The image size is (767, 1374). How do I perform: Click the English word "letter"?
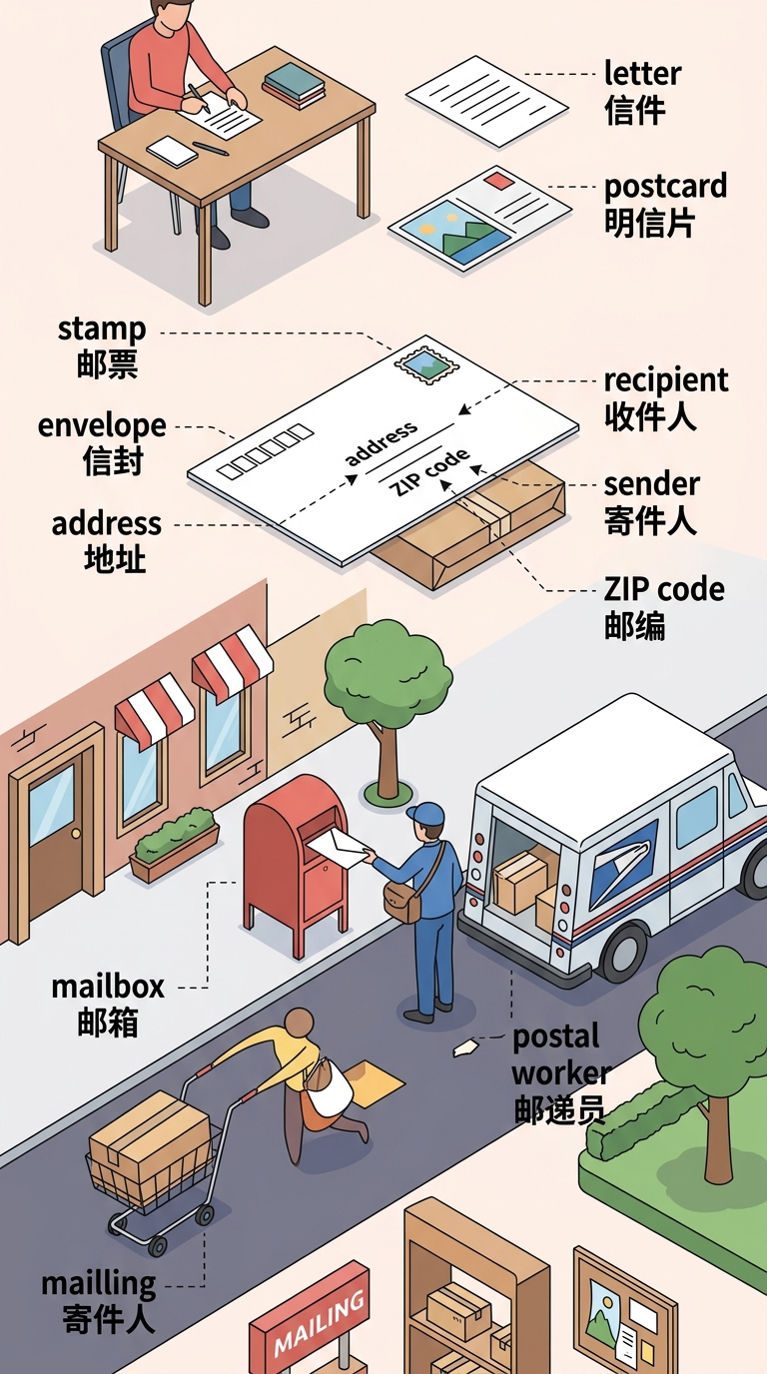pos(642,74)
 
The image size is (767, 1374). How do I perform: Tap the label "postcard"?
pos(665,187)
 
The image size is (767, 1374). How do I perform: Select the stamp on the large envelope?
pos(427,364)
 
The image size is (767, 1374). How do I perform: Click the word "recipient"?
pos(666,380)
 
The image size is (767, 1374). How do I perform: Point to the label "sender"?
pos(651,484)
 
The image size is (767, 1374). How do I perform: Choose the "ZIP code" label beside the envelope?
pos(664,589)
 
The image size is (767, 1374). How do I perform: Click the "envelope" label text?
pos(102,426)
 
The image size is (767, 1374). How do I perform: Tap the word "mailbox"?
pos(108,987)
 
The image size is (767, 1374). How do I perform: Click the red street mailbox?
pos(296,861)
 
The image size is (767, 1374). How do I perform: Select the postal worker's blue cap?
pos(426,814)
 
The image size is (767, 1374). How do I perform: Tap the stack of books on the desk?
pos(294,85)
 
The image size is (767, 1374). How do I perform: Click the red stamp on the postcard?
pos(497,181)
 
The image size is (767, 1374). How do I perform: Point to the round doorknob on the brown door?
pos(76,833)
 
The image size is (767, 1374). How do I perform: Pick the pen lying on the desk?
pos(211,149)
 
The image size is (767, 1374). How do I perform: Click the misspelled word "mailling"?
pos(98,1284)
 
